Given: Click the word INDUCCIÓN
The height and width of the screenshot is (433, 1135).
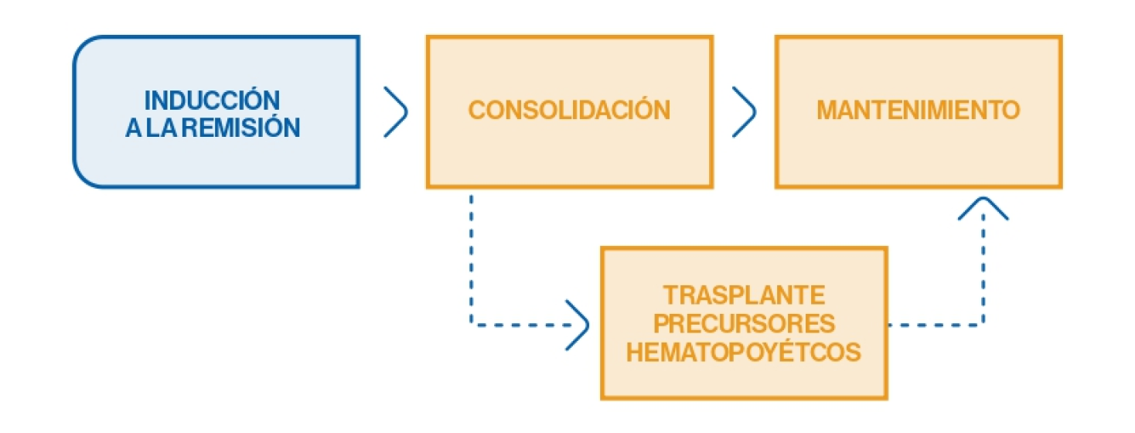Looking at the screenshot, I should pos(212,101).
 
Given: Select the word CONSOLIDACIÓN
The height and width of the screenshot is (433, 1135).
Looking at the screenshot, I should pos(569,110).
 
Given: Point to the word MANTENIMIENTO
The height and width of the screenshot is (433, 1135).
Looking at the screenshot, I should pos(919,110).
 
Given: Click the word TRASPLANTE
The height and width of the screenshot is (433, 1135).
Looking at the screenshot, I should pos(744,295).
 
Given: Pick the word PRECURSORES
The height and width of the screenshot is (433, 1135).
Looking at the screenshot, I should pos(744,324).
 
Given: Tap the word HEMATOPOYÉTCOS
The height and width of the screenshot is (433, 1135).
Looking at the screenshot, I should pos(744,353).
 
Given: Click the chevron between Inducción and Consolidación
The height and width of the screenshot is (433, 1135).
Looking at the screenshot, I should pos(395,111).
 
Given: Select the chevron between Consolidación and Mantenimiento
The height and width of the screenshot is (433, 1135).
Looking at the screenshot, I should pos(744,111).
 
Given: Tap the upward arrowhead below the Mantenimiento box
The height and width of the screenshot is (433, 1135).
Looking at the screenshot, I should pos(983,206).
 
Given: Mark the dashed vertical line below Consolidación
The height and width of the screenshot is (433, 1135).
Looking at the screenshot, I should pos(471,255).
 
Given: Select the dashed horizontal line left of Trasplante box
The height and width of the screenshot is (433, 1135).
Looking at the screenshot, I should pos(518,324).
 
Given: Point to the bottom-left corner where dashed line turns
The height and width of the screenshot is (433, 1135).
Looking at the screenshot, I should pos(471,324).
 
